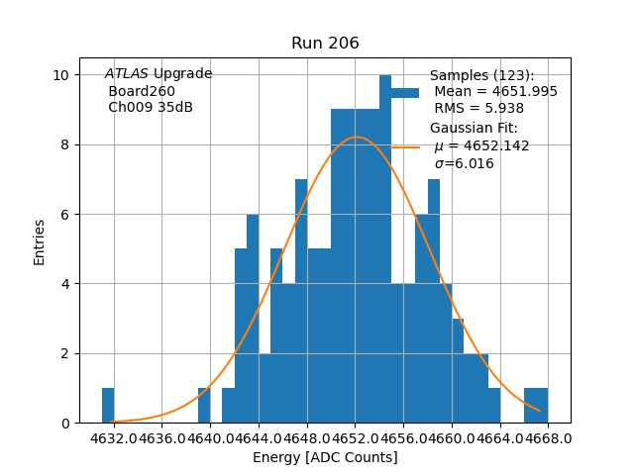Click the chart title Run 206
325,44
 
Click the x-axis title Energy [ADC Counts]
325,457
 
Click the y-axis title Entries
40,241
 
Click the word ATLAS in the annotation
127,74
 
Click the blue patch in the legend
404,92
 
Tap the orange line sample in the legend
404,146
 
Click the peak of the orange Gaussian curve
357,137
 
